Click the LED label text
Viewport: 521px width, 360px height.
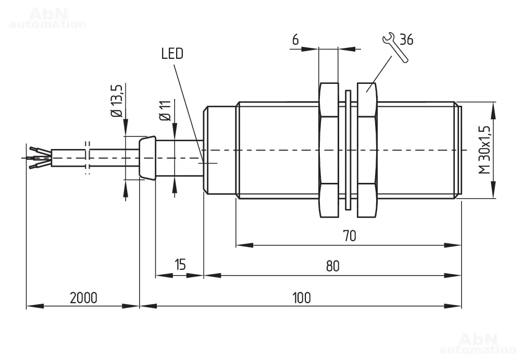172,54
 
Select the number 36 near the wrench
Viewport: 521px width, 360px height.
406,40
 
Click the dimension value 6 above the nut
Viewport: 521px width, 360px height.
295,40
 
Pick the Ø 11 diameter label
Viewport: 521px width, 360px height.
166,110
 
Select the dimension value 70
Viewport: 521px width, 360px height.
349,235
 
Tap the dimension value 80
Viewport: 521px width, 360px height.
332,266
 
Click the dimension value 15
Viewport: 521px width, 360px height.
180,265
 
